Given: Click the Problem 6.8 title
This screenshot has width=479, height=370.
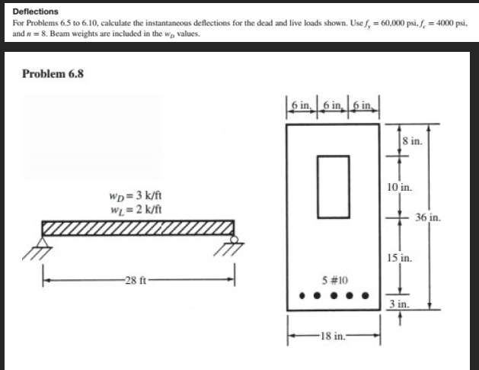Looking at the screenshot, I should click(53, 74).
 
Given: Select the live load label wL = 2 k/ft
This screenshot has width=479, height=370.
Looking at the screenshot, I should click(136, 209).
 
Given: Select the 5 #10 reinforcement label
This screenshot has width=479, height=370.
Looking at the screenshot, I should click(332, 279).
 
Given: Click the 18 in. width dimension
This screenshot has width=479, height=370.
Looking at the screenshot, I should click(333, 333).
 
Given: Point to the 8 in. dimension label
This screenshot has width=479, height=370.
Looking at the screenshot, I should click(411, 141).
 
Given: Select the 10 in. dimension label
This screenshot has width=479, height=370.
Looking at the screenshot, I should click(399, 187).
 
